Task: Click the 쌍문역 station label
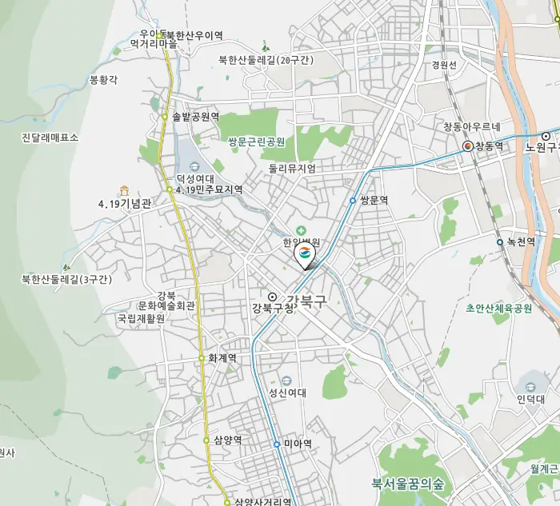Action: point(374,201)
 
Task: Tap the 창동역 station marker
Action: point(468,146)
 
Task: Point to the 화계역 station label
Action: point(222,358)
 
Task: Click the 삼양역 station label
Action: point(227,440)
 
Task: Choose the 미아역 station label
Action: point(298,444)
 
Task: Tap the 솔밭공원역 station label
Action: point(195,117)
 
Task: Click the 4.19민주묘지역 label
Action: point(209,189)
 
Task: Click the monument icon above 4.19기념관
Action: point(124,190)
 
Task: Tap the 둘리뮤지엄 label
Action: point(292,169)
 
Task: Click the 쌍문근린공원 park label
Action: point(256,141)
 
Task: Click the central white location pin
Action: point(305,255)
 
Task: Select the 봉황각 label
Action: point(103,80)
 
